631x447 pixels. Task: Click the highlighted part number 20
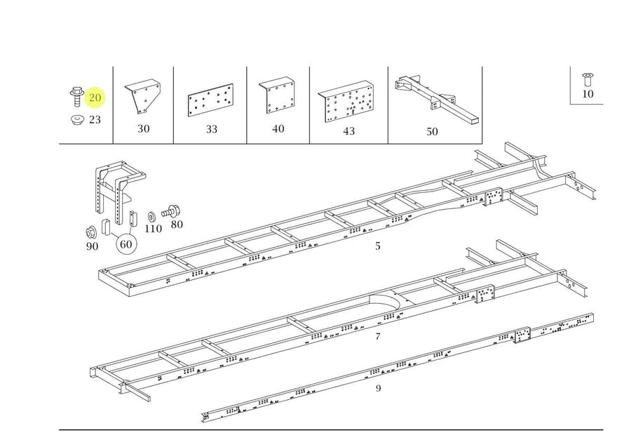[x=95, y=98]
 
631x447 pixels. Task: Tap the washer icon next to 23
[x=76, y=120]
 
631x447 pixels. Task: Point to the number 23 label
[x=95, y=119]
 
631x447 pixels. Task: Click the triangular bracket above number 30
[x=143, y=96]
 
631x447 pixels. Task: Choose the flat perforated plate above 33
[x=210, y=100]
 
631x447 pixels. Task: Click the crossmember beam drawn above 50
[x=437, y=98]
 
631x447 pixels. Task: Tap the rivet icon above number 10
[x=587, y=79]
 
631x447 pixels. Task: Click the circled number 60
[x=126, y=244]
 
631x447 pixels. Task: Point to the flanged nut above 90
[x=90, y=233]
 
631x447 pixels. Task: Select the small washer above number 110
[x=152, y=217]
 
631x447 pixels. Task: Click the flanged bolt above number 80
[x=170, y=211]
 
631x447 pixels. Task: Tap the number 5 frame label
[x=377, y=246]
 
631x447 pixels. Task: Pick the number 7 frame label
[x=377, y=336]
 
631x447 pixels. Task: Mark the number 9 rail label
[x=378, y=388]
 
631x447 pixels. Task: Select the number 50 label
[x=432, y=132]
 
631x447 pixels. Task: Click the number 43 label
[x=349, y=131]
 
